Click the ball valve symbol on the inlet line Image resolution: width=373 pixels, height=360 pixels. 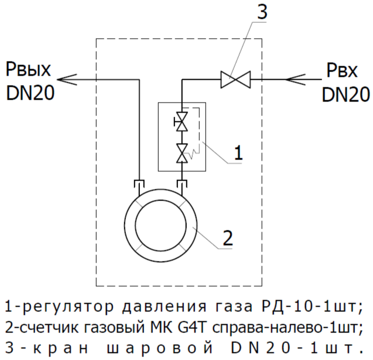[x=235, y=78]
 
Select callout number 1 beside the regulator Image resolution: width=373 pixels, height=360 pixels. [x=238, y=153]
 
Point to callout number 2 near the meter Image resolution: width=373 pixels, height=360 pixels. [x=228, y=237]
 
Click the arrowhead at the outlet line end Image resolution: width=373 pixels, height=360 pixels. [x=66, y=78]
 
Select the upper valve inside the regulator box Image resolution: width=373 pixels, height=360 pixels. [x=183, y=124]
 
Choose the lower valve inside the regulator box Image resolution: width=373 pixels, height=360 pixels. [x=183, y=152]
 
